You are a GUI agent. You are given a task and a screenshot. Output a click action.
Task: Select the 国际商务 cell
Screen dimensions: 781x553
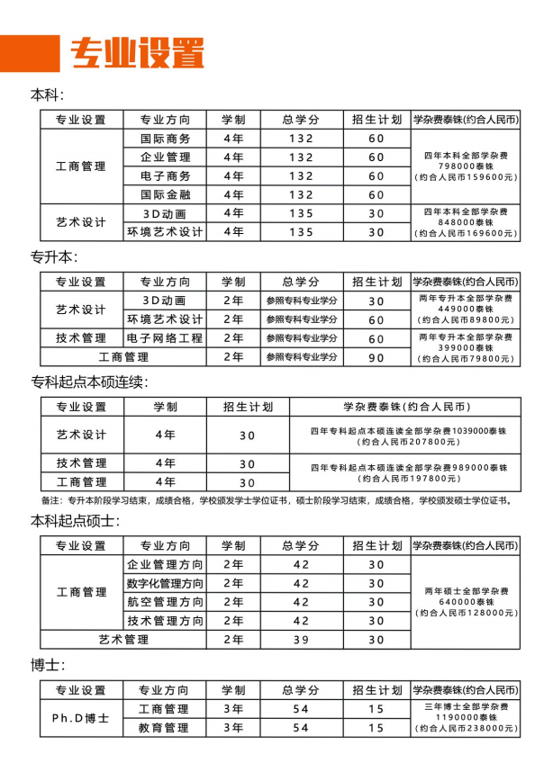[x=166, y=139]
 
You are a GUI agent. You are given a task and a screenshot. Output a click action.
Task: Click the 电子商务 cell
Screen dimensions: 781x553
[x=166, y=175]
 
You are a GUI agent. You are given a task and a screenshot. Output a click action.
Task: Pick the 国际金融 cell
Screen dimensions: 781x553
[x=166, y=194]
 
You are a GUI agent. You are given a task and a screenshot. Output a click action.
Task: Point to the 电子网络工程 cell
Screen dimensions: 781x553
[x=166, y=338]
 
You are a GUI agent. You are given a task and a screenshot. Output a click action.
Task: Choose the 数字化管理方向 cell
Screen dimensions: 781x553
[x=166, y=583]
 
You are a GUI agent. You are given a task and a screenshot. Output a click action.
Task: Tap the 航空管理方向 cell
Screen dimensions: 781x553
[x=166, y=602]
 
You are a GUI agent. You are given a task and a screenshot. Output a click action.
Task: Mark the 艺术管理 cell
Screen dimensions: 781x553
[x=123, y=639]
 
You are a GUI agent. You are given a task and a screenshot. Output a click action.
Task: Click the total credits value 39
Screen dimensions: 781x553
[x=301, y=639]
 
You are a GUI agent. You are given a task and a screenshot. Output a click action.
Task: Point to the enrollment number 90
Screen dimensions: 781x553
[x=376, y=357]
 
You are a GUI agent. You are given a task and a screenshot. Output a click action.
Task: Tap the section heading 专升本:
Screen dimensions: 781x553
[x=55, y=256]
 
